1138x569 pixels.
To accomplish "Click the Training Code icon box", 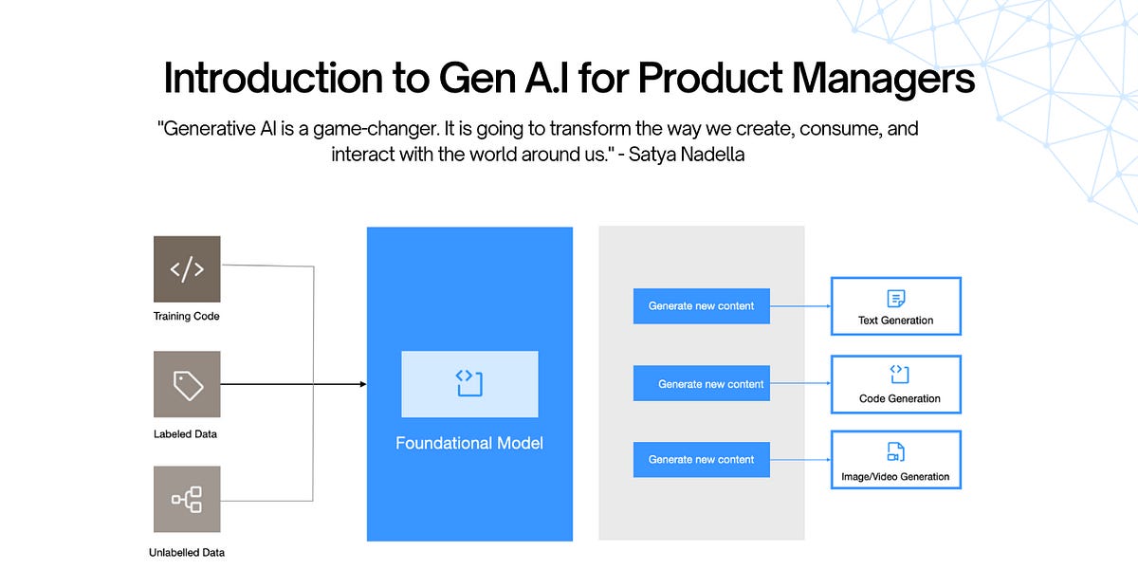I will [x=187, y=269].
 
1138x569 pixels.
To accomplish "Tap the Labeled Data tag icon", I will [x=187, y=384].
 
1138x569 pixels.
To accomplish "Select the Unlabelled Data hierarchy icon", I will [x=187, y=499].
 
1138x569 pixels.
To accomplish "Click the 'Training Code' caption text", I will [x=187, y=316].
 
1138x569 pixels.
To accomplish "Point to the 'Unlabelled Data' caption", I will [x=187, y=552].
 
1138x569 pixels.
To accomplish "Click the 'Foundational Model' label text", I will [x=469, y=443].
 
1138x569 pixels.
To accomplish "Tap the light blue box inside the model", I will [x=469, y=384].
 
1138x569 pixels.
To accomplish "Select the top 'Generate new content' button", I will [x=701, y=306].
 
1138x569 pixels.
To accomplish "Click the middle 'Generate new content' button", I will [x=701, y=384].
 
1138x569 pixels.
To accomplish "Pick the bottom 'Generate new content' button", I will [x=701, y=460].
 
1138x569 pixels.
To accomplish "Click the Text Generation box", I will [x=895, y=306].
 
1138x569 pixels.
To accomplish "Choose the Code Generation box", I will [x=895, y=384].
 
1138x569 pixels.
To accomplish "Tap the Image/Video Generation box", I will [x=895, y=460].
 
